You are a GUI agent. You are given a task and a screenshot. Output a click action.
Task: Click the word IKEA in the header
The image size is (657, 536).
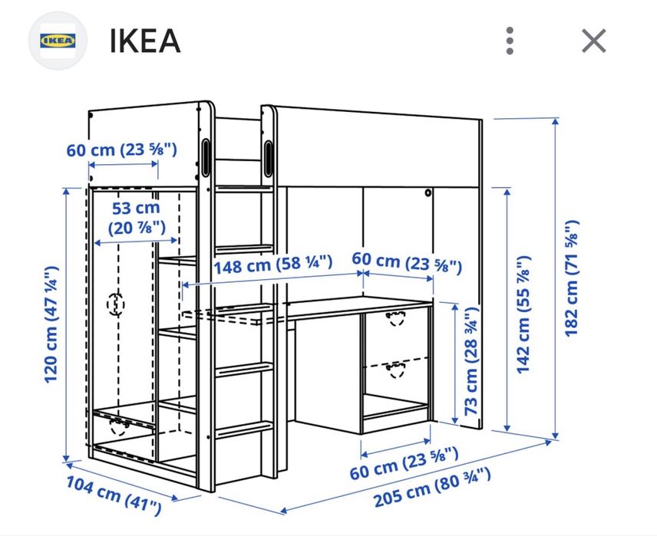click(x=145, y=41)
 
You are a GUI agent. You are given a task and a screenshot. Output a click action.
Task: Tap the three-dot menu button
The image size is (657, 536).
click(x=510, y=41)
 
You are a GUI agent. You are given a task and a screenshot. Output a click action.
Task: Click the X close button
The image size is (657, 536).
click(x=593, y=41)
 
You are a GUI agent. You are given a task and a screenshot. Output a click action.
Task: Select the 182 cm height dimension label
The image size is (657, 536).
click(x=572, y=278)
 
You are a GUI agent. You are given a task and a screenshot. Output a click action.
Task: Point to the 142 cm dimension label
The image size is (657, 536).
click(x=524, y=314)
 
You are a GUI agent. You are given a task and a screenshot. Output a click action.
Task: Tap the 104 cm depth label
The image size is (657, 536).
click(x=114, y=493)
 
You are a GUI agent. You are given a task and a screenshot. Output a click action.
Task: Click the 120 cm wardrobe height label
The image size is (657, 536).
click(x=51, y=324)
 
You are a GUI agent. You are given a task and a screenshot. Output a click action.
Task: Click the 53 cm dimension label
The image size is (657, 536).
click(x=136, y=217)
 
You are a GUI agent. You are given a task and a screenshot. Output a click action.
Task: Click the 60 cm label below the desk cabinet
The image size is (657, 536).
click(x=404, y=462)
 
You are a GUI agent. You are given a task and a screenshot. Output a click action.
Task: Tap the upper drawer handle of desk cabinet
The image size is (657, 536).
click(x=397, y=318)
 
